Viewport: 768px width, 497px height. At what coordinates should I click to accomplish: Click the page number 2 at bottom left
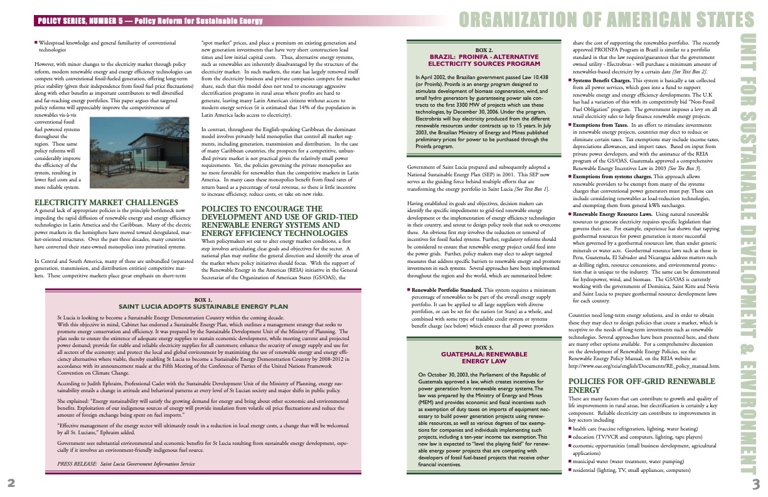[x=11, y=482]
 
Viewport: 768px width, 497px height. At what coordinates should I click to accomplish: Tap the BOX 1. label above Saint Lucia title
[x=203, y=300]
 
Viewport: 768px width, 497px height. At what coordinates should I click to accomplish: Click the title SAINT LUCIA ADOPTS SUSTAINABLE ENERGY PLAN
[x=203, y=307]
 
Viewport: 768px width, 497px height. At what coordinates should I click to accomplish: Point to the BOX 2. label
[x=484, y=50]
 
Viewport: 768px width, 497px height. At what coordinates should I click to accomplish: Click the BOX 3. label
[x=484, y=347]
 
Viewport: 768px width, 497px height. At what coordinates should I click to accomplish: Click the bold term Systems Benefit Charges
[x=601, y=81]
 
